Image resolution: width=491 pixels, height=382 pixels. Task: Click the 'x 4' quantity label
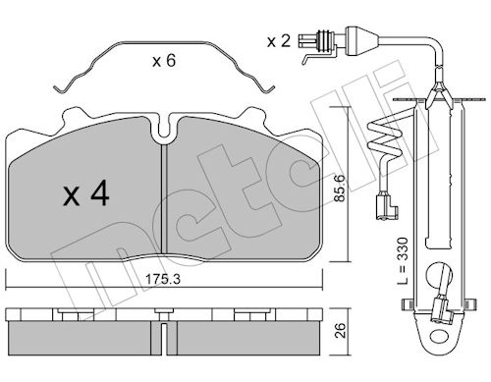(x=86, y=193)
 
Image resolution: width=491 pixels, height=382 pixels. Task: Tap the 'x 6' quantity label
(x=164, y=61)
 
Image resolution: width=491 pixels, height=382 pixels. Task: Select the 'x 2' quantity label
(x=279, y=41)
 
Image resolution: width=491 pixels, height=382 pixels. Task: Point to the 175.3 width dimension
(x=163, y=279)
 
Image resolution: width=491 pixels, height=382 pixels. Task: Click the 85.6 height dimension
(x=340, y=188)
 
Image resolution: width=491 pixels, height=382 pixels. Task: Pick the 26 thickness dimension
(x=340, y=330)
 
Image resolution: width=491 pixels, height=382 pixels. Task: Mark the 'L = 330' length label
(x=404, y=261)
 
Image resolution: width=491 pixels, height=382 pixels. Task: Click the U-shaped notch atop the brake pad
(x=166, y=129)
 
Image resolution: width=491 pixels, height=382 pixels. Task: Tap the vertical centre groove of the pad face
(x=165, y=199)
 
